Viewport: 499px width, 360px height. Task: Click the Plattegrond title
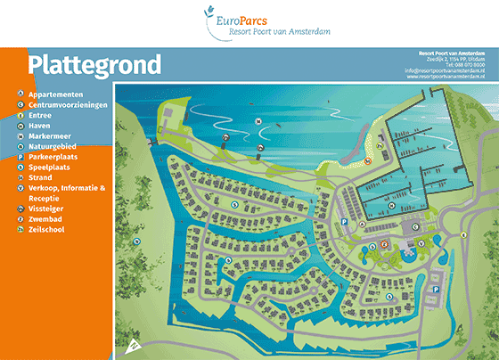point(94,64)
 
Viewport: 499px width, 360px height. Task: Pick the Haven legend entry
point(40,126)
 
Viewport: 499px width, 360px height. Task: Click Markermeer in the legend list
point(50,136)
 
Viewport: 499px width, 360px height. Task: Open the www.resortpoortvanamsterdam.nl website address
point(450,77)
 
